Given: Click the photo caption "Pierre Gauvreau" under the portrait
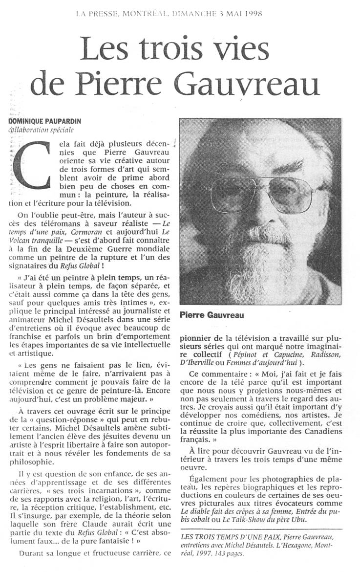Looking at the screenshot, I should [212, 315].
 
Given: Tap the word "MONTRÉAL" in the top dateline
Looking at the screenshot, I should [145, 13].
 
